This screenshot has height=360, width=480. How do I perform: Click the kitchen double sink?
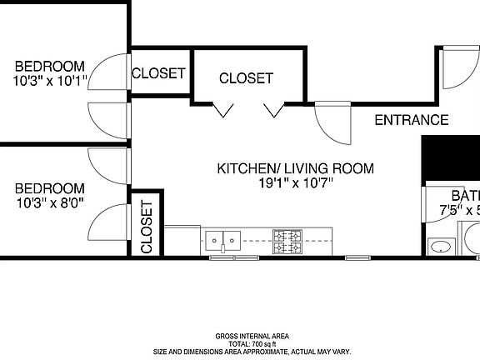tap(222, 241)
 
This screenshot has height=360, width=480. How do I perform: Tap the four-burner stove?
tap(287, 241)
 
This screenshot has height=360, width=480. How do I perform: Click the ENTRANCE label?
tap(411, 120)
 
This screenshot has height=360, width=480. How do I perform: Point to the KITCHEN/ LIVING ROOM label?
tap(295, 168)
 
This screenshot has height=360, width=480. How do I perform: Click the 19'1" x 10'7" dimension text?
tap(295, 184)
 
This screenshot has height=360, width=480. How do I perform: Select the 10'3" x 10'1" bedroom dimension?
tap(50, 82)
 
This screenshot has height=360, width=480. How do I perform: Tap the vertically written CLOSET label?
tap(146, 226)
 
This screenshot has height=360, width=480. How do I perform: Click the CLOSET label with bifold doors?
tap(246, 78)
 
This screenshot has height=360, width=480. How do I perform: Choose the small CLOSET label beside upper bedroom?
tap(158, 73)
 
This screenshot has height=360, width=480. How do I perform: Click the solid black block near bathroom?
tap(451, 157)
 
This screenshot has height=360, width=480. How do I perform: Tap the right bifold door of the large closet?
tap(272, 110)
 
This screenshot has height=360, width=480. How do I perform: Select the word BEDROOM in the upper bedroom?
tap(49, 67)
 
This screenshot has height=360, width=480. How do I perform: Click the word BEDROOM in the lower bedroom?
tap(49, 188)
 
